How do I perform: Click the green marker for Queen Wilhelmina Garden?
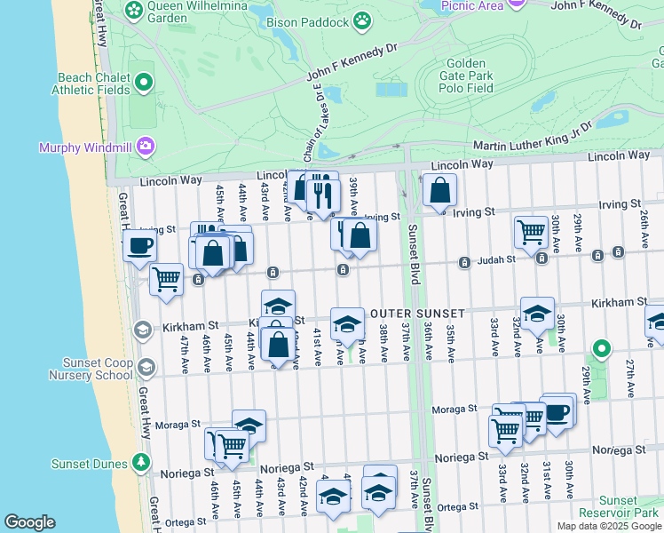pos(134,11)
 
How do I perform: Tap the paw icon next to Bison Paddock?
pos(362,19)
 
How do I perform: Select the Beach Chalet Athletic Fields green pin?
pos(144,84)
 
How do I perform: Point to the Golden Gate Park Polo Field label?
pos(467,76)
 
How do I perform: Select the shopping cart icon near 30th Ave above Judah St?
pos(531,231)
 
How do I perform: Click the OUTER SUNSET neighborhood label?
pos(417,314)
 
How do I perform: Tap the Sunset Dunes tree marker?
pos(140,462)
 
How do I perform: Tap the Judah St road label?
pos(499,260)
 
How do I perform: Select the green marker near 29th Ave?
pos(602,349)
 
